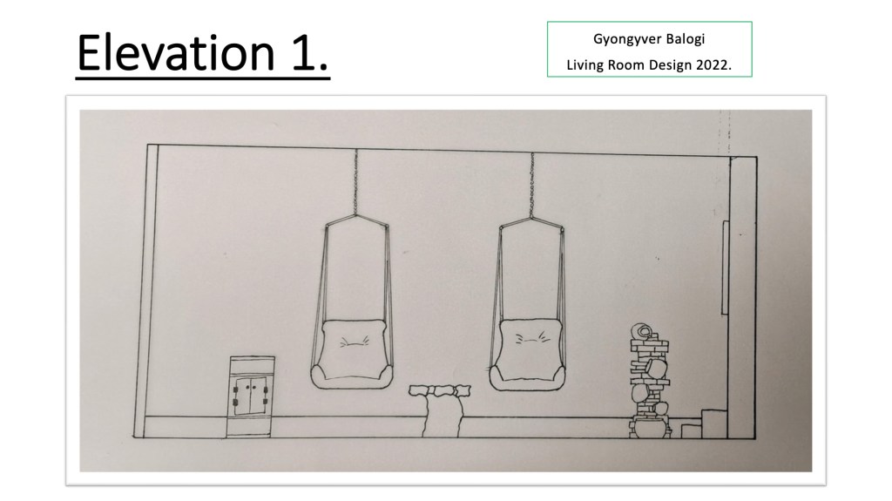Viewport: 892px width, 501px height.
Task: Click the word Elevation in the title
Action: click(x=176, y=52)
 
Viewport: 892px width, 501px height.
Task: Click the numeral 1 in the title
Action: click(x=309, y=53)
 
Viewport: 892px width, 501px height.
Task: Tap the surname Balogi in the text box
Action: click(x=687, y=39)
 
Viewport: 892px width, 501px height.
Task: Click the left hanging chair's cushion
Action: click(x=354, y=349)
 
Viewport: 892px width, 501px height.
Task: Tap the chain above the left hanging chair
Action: click(x=356, y=181)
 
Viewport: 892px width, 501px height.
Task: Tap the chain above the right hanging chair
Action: click(x=532, y=185)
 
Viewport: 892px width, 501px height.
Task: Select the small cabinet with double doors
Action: click(x=251, y=396)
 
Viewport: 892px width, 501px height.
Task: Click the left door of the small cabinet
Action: click(x=242, y=395)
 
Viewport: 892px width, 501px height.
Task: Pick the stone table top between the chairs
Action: click(x=440, y=390)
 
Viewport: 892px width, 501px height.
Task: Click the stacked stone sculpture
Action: click(x=649, y=380)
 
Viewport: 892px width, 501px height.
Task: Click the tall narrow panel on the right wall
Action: click(x=726, y=267)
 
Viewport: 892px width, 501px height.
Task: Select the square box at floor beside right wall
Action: click(x=714, y=423)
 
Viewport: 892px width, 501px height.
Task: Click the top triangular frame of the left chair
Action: click(x=356, y=222)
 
